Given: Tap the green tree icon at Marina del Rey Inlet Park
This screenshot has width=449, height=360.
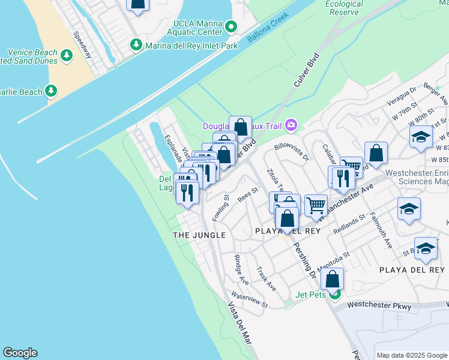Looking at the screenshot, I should point(137,44).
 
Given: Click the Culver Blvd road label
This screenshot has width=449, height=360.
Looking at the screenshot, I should point(305,71).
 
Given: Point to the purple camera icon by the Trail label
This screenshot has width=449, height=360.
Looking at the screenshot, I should point(292,125).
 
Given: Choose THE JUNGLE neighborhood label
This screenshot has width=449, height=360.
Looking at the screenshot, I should point(199,235).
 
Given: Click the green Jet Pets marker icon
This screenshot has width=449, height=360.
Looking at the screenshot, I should point(335,294).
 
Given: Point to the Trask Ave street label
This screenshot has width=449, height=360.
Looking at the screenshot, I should point(266,279).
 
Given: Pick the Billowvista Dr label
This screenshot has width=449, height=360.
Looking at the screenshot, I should point(291,152).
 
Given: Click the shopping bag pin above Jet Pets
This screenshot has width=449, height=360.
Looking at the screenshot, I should point(332,279).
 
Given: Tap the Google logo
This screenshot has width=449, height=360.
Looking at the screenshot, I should point(20,353).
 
